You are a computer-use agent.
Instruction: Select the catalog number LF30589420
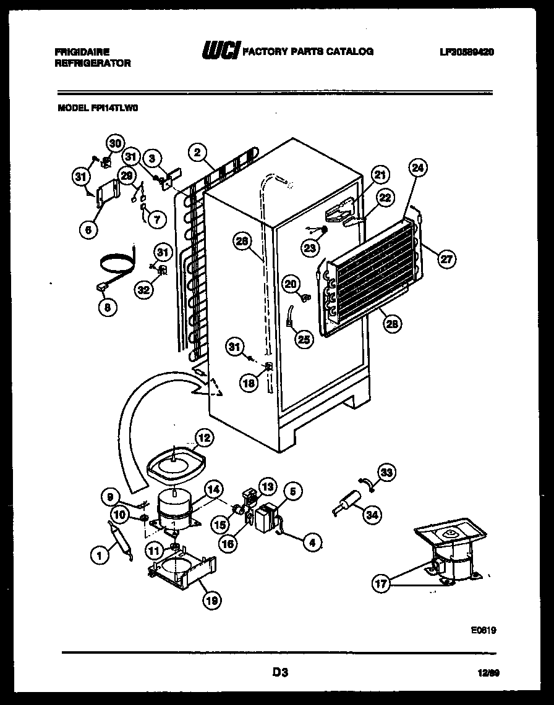click(467, 52)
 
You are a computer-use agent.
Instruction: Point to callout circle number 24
click(418, 167)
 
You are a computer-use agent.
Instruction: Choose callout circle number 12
click(203, 439)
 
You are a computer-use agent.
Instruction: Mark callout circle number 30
click(114, 143)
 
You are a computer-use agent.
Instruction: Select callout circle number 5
click(293, 492)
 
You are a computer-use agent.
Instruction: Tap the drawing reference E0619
click(483, 631)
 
